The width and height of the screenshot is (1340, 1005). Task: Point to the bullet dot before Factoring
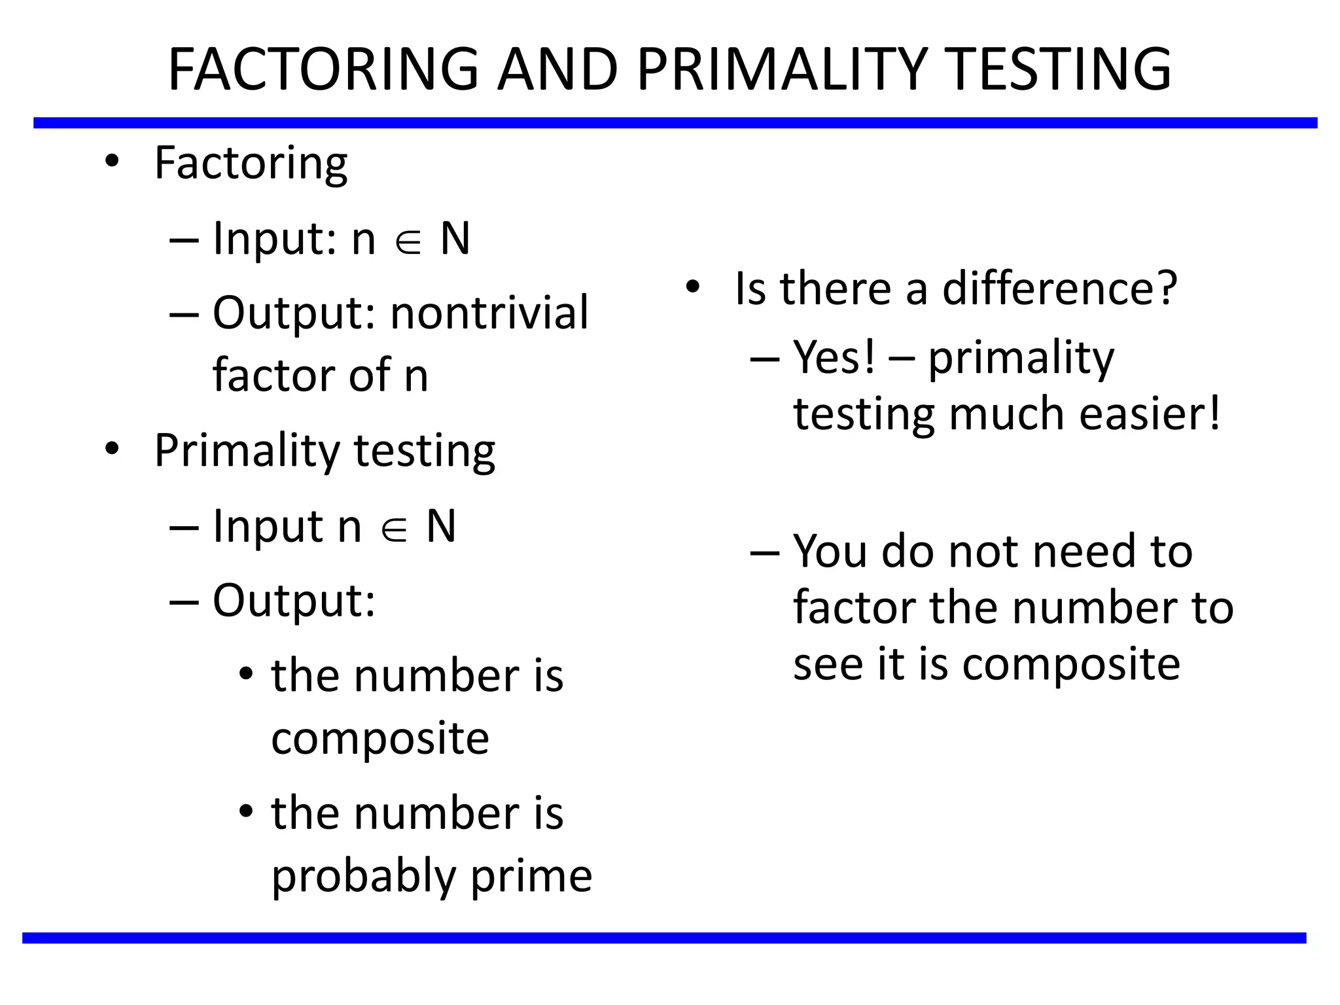[x=113, y=161]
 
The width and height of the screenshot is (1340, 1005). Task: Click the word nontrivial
[x=489, y=313]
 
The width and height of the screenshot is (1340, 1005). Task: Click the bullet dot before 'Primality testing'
[x=113, y=449]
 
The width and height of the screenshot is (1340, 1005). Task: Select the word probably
[x=363, y=877]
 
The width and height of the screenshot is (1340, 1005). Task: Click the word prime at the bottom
[x=531, y=877]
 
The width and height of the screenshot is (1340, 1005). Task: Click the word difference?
[x=1060, y=289]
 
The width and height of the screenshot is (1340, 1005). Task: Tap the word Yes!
[x=834, y=358]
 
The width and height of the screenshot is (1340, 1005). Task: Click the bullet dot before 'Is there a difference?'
[x=693, y=287]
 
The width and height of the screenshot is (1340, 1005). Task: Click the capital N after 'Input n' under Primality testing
[x=441, y=526]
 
